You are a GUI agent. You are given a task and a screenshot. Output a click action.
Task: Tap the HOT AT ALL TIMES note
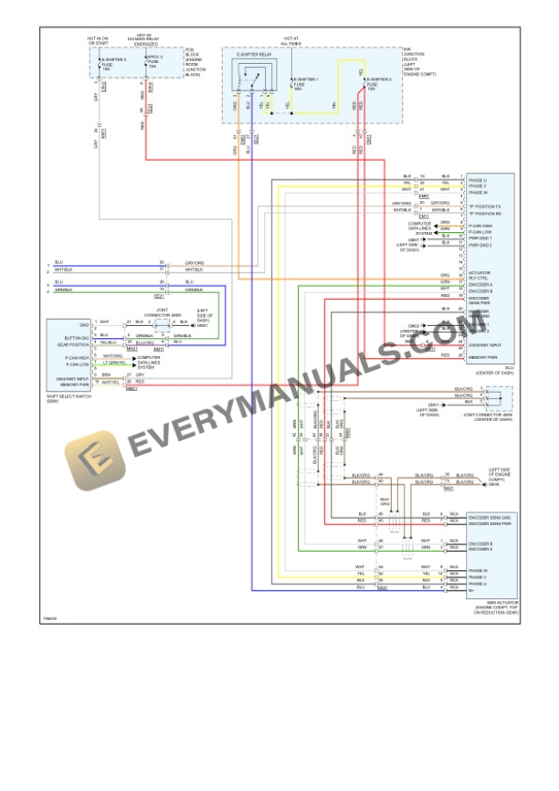pyautogui.click(x=291, y=41)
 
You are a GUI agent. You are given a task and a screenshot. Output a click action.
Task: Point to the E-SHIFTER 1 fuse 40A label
pyautogui.click(x=305, y=83)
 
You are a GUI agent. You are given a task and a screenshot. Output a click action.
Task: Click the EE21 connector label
pyautogui.click(x=159, y=296)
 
